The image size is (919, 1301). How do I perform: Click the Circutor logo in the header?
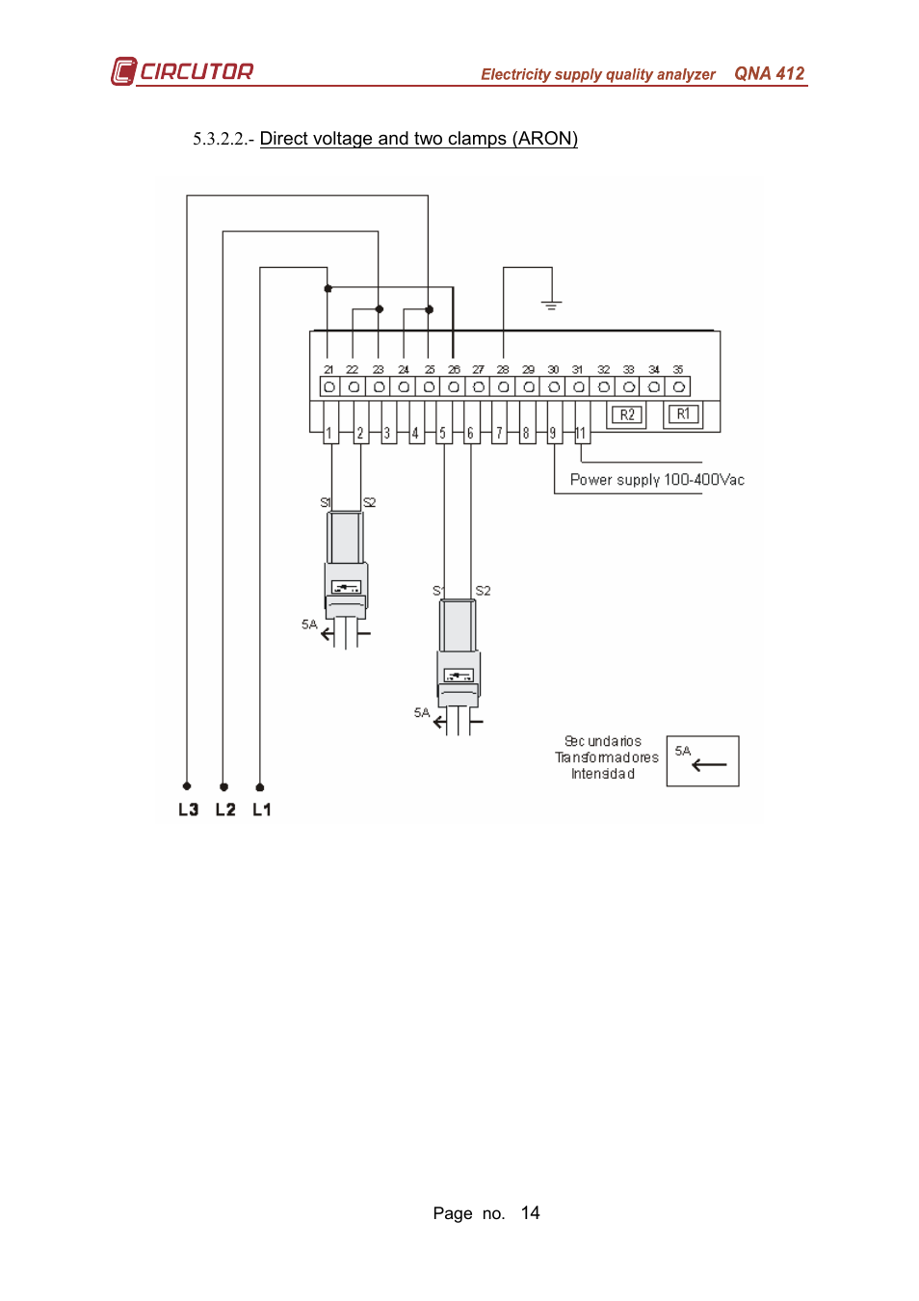[182, 71]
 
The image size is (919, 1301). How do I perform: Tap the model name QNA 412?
[769, 73]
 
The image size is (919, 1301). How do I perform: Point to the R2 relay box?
[627, 414]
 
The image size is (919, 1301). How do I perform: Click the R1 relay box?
[683, 414]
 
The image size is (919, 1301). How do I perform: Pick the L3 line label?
[188, 810]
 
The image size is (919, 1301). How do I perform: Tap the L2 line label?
[225, 810]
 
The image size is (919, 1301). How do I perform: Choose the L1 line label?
[262, 810]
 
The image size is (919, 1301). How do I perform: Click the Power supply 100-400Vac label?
[657, 480]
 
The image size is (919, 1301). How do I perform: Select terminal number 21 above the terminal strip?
[328, 370]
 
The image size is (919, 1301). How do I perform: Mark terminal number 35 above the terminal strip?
[678, 370]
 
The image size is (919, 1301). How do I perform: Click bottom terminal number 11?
[580, 434]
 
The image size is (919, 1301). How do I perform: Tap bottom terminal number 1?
[329, 434]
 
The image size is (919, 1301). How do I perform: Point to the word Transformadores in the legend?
[607, 757]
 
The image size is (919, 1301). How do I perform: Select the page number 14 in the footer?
[530, 1213]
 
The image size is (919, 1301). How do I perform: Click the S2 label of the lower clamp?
[483, 591]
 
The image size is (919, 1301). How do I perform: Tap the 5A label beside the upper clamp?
[309, 624]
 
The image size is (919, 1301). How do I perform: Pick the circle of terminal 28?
[503, 387]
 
